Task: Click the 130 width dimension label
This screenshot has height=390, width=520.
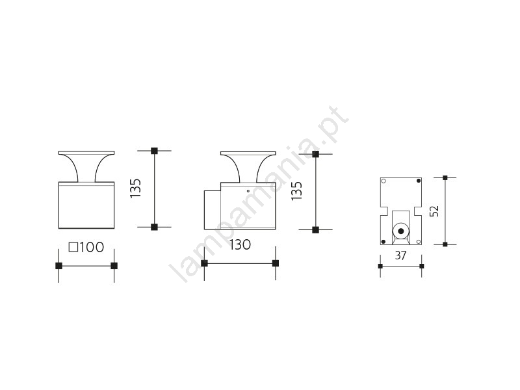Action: pos(240,245)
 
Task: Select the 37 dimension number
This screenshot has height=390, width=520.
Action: pos(400,255)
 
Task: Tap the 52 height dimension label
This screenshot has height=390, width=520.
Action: pos(434,211)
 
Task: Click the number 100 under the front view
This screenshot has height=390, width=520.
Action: pos(92,248)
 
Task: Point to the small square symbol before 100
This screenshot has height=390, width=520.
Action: pos(73,248)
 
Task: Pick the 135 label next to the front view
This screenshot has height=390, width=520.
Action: pos(135,188)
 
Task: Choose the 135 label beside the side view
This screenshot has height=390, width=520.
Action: pos(297,190)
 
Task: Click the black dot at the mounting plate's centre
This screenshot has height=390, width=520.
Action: pos(401,231)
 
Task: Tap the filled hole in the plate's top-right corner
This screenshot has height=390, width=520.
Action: pos(419,181)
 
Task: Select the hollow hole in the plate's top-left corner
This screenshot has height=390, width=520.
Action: pos(383,181)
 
